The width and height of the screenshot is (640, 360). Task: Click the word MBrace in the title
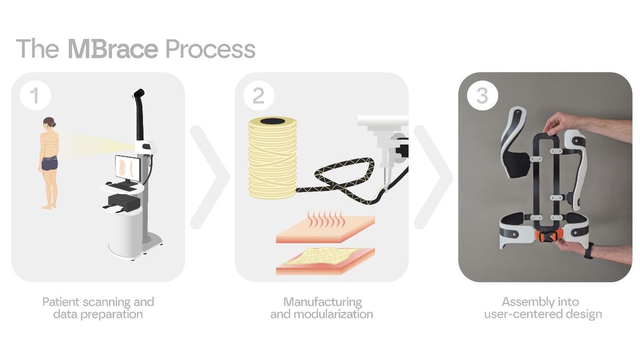(113, 49)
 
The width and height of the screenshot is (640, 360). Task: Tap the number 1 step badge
(35, 95)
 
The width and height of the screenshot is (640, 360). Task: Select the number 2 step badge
(259, 95)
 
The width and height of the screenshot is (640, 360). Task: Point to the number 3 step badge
(482, 95)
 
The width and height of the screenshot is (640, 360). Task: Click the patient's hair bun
(53, 124)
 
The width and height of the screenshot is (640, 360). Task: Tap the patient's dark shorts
(50, 164)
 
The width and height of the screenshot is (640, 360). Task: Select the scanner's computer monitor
(127, 169)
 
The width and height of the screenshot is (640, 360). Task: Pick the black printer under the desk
(124, 203)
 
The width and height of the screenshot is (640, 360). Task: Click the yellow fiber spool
(273, 158)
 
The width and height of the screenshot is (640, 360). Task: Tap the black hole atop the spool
(273, 121)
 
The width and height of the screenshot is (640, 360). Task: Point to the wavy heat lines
(326, 219)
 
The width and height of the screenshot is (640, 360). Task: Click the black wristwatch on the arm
(589, 251)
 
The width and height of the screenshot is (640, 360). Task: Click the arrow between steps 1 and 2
(210, 177)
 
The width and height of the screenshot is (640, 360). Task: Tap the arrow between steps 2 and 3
(433, 177)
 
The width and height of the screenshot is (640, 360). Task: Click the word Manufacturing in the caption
(323, 302)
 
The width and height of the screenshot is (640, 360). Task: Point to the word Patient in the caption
(61, 302)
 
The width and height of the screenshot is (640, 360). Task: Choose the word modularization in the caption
(333, 314)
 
